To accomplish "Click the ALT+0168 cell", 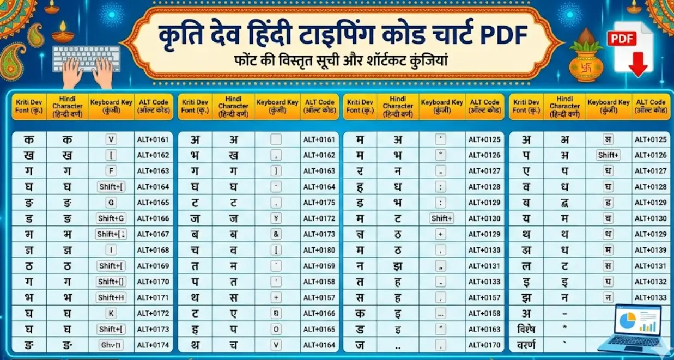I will tap(153, 250).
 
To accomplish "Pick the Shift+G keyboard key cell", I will tap(112, 218).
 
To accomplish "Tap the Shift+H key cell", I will tap(112, 297).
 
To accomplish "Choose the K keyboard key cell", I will tap(112, 313).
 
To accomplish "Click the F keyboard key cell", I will tap(112, 171).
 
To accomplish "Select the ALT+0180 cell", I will tap(319, 250).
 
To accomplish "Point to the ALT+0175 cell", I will tap(319, 203).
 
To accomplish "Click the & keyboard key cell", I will tap(277, 234).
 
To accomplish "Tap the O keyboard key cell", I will tap(277, 329).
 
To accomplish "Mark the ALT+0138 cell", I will tap(484, 250).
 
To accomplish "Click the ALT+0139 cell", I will tap(651, 250).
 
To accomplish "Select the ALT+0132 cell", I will tap(651, 282).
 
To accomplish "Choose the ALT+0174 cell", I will tap(153, 345).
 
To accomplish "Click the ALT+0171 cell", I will tap(153, 297).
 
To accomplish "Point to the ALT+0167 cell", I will tap(153, 234).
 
